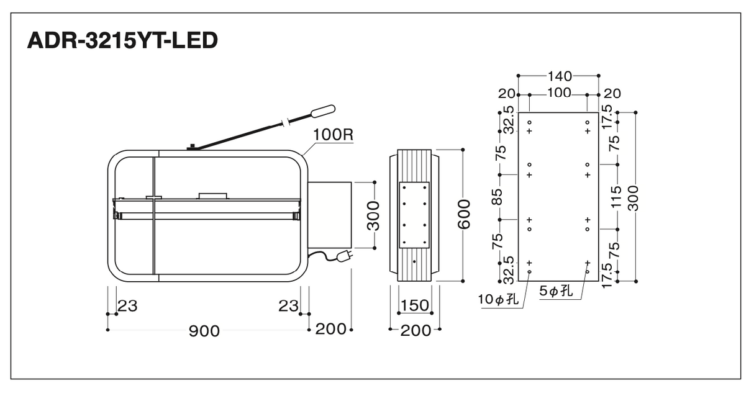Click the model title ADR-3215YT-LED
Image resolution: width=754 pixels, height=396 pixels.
pyautogui.click(x=122, y=40)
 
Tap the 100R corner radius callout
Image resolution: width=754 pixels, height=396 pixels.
pyautogui.click(x=333, y=135)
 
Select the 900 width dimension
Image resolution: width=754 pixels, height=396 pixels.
pyautogui.click(x=204, y=331)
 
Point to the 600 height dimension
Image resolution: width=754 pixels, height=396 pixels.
pyautogui.click(x=464, y=214)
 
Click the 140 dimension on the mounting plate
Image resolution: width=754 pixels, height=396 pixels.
pyautogui.click(x=560, y=76)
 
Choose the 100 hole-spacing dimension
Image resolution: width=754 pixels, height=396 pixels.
pyautogui.click(x=559, y=93)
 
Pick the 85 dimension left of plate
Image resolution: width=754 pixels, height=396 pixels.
pyautogui.click(x=497, y=197)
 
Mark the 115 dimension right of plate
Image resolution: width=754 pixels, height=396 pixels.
pyautogui.click(x=615, y=197)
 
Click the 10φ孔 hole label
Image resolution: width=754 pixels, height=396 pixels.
pyautogui.click(x=499, y=299)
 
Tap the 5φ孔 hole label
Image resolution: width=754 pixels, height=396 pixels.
pyautogui.click(x=556, y=290)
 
